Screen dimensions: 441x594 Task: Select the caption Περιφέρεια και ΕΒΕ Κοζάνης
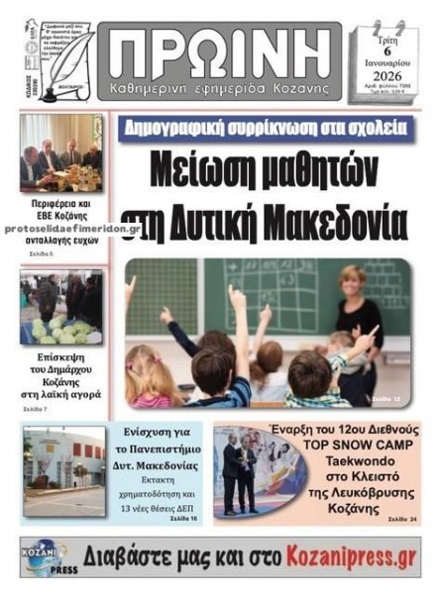pyautogui.click(x=60, y=209)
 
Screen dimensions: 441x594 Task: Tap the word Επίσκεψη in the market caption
pyautogui.click(x=61, y=353)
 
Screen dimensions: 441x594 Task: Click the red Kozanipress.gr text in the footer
pyautogui.click(x=335, y=555)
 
